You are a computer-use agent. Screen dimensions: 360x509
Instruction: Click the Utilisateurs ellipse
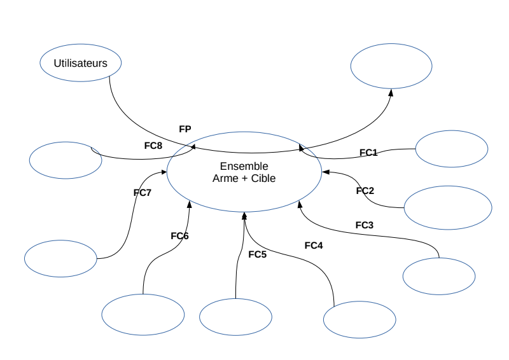(x=80, y=63)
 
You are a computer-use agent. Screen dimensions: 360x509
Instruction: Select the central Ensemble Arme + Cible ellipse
(x=244, y=172)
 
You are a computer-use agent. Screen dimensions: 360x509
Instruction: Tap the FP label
(x=185, y=129)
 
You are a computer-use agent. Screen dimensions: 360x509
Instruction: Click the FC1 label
(x=368, y=153)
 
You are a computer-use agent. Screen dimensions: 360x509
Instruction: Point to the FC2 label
(x=365, y=191)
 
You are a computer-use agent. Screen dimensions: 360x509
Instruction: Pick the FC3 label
(x=365, y=225)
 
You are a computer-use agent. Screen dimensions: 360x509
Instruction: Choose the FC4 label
(x=314, y=245)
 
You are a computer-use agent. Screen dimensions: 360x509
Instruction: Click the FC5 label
(x=257, y=255)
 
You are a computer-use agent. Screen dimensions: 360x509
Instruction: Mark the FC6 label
(x=180, y=236)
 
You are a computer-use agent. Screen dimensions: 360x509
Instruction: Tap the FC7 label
(x=143, y=193)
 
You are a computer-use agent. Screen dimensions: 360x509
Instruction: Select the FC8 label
(x=153, y=146)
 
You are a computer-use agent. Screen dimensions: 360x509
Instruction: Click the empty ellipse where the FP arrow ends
(x=391, y=66)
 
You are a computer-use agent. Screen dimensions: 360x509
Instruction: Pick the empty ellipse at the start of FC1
(x=452, y=149)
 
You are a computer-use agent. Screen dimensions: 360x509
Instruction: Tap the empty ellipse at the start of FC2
(x=448, y=207)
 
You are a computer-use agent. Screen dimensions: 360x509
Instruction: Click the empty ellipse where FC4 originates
(x=359, y=319)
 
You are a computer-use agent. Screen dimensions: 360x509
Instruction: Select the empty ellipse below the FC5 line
(x=236, y=317)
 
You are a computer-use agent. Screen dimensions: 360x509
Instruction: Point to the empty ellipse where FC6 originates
(x=143, y=314)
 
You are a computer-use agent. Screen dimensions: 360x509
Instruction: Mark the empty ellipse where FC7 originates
(x=60, y=258)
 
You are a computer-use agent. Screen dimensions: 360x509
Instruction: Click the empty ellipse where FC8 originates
(x=66, y=160)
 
